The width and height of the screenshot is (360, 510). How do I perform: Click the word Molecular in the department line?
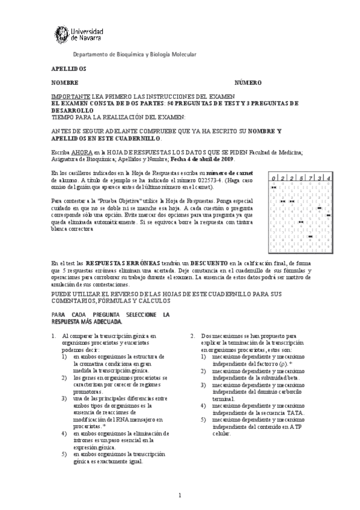tap(182, 55)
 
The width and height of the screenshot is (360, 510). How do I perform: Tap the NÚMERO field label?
tap(248, 82)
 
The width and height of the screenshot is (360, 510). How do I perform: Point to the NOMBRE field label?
tap(64, 82)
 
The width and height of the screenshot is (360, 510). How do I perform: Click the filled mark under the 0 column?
tap(273, 187)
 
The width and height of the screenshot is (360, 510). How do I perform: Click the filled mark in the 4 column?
tap(328, 215)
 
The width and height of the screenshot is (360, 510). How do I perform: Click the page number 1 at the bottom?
tap(180, 495)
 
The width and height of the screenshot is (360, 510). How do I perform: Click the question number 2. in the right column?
tap(193, 336)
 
